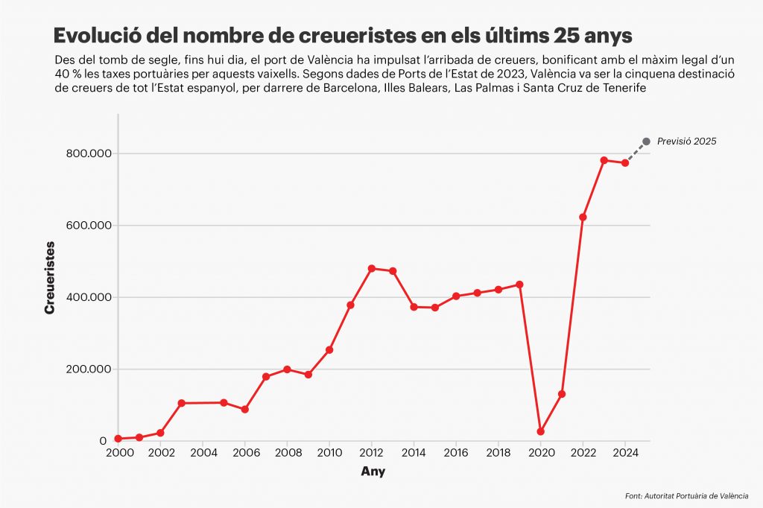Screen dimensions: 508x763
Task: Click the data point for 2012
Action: [372, 268]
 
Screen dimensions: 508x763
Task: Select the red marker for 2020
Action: [541, 431]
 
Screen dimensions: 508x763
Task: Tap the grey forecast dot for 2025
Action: [646, 142]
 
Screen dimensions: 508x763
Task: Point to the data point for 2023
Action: [604, 160]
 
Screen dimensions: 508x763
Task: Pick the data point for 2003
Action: [181, 403]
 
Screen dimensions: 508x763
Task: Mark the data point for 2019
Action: [519, 285]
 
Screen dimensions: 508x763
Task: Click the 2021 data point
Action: [562, 394]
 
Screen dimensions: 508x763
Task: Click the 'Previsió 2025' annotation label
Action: [686, 142]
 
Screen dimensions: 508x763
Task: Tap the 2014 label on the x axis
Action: [414, 452]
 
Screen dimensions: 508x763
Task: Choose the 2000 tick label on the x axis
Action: [118, 452]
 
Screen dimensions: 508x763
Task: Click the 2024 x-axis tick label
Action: [625, 452]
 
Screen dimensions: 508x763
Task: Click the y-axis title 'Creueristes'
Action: [50, 277]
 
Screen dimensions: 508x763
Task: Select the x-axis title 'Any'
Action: [373, 472]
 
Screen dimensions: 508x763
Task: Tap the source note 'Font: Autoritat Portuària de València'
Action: [686, 495]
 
